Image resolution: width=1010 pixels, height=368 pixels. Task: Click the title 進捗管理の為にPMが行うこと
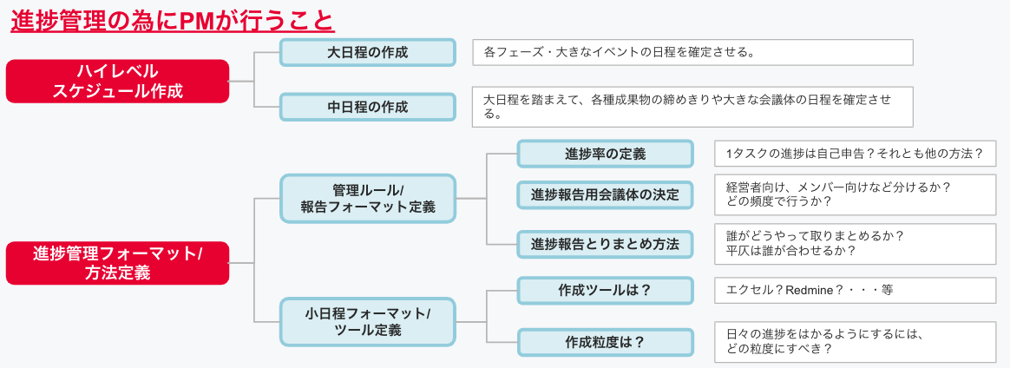coord(172,19)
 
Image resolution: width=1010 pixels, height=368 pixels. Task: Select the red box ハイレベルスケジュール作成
coord(117,81)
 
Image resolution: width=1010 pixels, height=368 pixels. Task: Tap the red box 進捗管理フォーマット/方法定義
coord(117,263)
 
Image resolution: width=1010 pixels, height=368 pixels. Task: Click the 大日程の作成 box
coord(367,52)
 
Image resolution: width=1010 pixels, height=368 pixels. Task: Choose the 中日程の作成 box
coord(367,107)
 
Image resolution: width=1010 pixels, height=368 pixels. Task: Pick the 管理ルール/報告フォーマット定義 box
coord(367,198)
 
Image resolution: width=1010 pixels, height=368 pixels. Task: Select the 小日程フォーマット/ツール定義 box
coord(367,321)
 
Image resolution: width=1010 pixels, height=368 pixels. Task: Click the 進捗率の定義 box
coord(605,154)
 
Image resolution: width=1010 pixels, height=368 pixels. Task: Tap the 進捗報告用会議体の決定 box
coord(605,194)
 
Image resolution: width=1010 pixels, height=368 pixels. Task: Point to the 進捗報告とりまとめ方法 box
coord(605,244)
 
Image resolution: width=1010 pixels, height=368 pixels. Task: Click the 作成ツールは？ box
coord(605,290)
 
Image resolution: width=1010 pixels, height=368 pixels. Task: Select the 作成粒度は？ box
coord(605,342)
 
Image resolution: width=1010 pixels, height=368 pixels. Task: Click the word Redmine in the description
coord(809,290)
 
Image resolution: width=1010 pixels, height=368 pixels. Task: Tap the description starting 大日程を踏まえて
coord(691,107)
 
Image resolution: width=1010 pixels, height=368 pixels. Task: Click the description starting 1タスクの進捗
coord(854,154)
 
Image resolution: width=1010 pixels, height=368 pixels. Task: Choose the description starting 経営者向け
coord(854,194)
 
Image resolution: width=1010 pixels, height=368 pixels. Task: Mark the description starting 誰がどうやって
coord(854,244)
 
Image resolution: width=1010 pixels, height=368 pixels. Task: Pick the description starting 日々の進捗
coord(854,342)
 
